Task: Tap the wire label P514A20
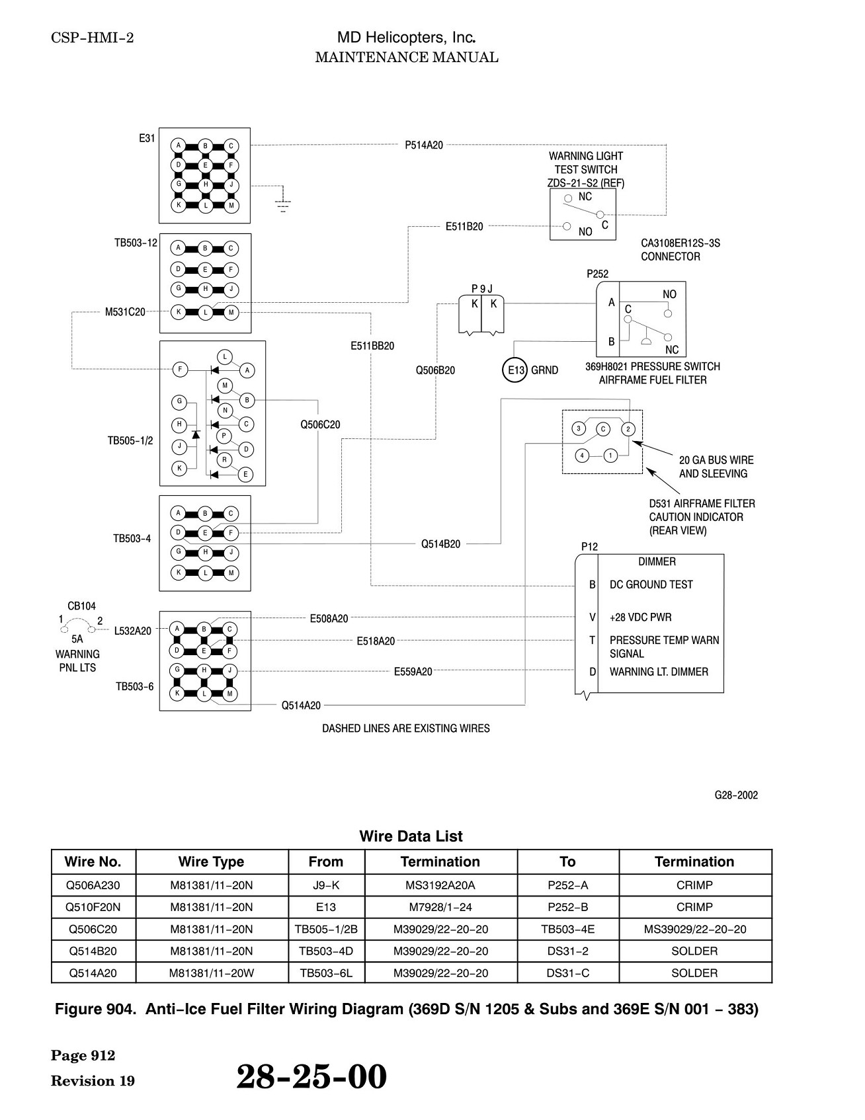(x=424, y=145)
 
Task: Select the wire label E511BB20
(x=372, y=346)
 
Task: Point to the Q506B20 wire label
(x=435, y=370)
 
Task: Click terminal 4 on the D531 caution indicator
(x=582, y=455)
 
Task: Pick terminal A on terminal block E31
(x=178, y=145)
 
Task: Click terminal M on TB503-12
(x=231, y=312)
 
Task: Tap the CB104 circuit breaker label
(x=81, y=606)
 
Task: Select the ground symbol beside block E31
(x=283, y=205)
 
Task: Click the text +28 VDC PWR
(x=640, y=618)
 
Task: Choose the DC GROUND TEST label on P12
(x=651, y=584)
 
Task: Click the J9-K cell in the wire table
(x=326, y=885)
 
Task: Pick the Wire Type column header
(x=211, y=861)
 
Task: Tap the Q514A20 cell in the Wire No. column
(x=93, y=973)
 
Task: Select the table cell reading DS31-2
(x=567, y=951)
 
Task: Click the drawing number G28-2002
(x=736, y=795)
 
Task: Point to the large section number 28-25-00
(x=311, y=1076)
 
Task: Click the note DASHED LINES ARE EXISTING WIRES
(x=406, y=729)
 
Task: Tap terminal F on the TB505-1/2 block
(x=180, y=370)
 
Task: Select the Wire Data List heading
(x=411, y=836)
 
